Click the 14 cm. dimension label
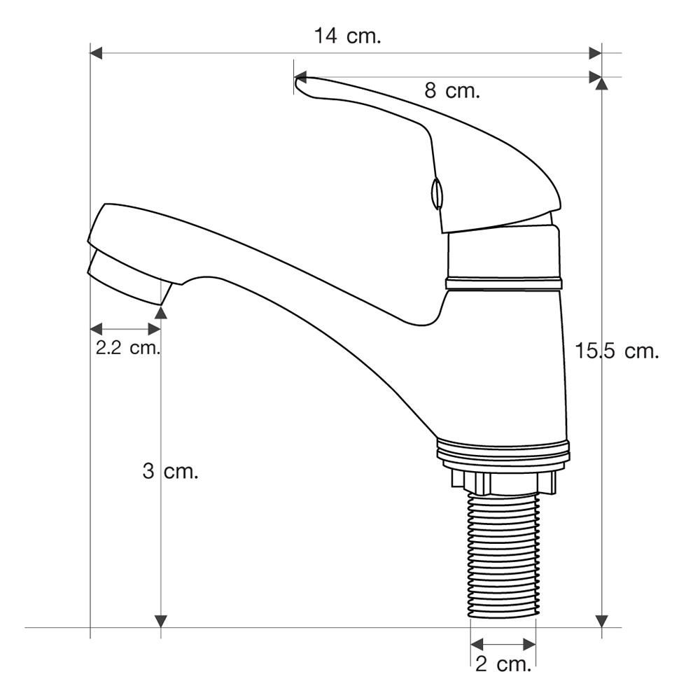(x=348, y=36)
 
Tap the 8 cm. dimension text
(x=451, y=90)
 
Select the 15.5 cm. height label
(x=617, y=351)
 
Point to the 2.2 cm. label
(x=127, y=347)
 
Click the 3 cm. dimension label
(x=171, y=471)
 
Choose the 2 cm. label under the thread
(x=503, y=665)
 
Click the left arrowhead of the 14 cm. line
(x=96, y=52)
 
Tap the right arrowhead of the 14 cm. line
(x=595, y=52)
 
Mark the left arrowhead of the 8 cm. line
(x=300, y=77)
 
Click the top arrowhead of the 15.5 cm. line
(x=602, y=83)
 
